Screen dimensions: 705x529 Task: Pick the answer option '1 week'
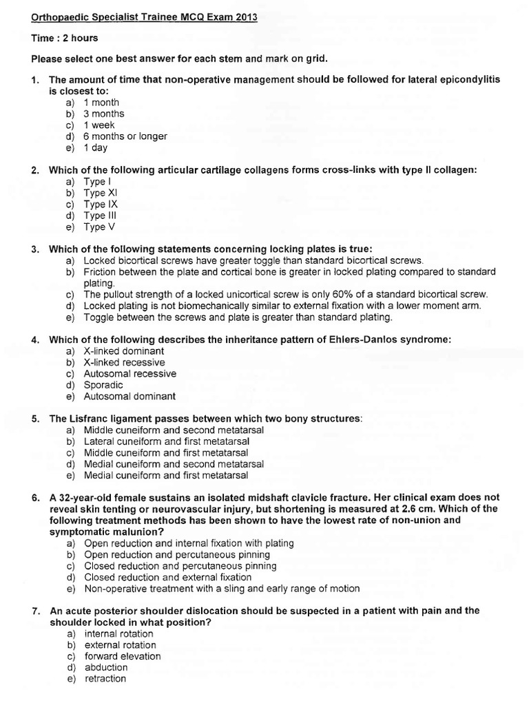(99, 125)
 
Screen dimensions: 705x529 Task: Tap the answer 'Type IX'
(104, 204)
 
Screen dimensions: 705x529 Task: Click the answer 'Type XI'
(104, 193)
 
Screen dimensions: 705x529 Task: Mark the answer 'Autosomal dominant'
(129, 397)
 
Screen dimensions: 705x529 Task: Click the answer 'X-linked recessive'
(124, 362)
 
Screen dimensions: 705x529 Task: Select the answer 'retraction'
(105, 679)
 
